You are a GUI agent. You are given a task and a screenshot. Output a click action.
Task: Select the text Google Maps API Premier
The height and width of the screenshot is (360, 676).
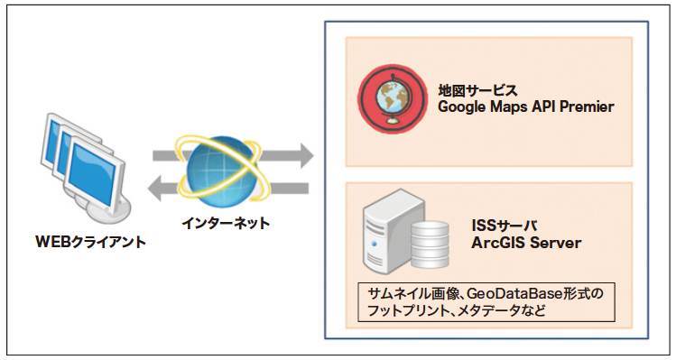[526, 107]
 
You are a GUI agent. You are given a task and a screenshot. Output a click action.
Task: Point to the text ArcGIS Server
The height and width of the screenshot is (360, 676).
[526, 243]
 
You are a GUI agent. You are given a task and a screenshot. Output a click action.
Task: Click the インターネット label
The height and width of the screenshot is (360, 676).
[222, 222]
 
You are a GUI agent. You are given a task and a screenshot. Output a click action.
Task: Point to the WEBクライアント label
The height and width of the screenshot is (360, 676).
[90, 242]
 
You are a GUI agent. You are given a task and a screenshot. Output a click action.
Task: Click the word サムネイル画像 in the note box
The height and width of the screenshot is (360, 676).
[403, 295]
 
